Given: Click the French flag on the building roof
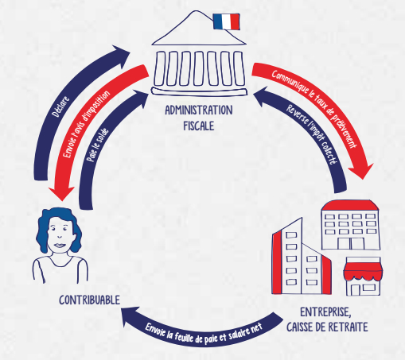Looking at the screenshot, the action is point(226,21).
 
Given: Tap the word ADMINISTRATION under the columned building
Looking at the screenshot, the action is point(199,110).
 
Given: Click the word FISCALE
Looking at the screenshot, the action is point(199,126).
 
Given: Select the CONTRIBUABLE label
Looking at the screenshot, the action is point(89,300).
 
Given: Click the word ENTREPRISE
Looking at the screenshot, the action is point(326,312).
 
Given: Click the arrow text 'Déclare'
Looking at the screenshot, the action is point(60,106).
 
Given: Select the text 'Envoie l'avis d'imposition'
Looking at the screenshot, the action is point(87,124).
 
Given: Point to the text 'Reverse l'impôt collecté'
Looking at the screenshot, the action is point(313,134).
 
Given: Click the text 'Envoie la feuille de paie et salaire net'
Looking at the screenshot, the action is point(204,334).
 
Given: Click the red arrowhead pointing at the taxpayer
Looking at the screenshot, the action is point(61,193).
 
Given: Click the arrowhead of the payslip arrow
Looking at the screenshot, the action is point(129,315).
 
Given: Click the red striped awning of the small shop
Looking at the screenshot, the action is point(363,272).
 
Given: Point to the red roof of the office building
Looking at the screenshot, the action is point(350,206).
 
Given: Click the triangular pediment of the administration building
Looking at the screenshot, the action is point(198,30).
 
